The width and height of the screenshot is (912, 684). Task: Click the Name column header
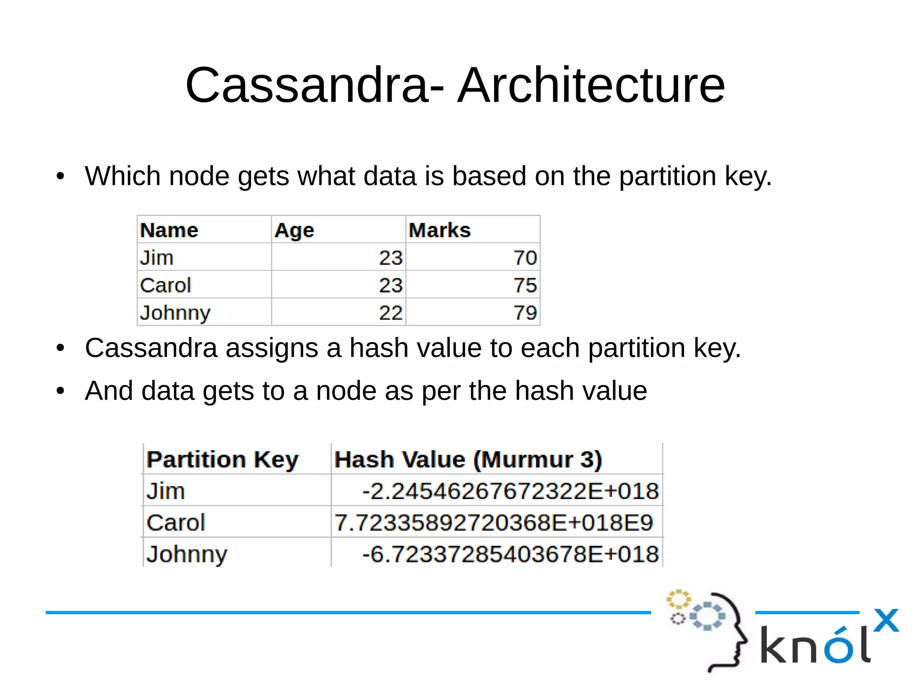(x=169, y=230)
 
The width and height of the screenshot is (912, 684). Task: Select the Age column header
(x=294, y=230)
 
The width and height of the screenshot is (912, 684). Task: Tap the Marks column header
(x=440, y=230)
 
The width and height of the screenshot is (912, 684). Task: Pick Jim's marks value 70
(x=525, y=258)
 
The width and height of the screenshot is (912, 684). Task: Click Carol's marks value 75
(x=525, y=285)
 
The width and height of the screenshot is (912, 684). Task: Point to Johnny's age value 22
(x=391, y=313)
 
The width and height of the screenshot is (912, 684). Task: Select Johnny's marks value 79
(x=525, y=313)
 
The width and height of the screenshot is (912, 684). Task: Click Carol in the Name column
(x=166, y=285)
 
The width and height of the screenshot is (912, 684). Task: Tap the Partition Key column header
(x=222, y=459)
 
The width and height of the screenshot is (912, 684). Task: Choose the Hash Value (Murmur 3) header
(x=468, y=459)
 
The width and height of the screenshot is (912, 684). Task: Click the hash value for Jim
(x=510, y=491)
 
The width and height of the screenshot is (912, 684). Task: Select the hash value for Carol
(x=493, y=523)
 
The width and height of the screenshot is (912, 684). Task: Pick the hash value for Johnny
(x=510, y=554)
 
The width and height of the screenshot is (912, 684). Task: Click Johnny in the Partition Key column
(x=187, y=554)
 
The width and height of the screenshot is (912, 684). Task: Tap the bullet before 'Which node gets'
(x=61, y=176)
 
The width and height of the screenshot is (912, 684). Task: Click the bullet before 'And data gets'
(x=61, y=391)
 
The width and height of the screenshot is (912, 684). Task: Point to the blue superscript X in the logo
(x=886, y=620)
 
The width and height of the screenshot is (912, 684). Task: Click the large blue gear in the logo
(x=707, y=616)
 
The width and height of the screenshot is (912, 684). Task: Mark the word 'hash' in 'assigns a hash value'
(x=379, y=348)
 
